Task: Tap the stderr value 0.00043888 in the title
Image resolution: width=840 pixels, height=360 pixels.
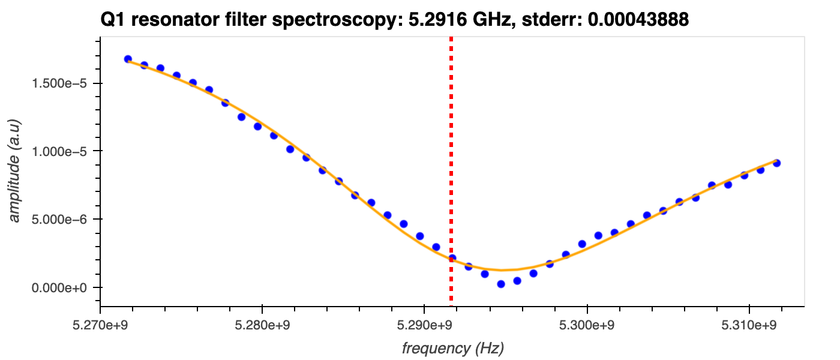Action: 638,20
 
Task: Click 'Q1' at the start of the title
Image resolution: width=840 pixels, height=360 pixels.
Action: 113,20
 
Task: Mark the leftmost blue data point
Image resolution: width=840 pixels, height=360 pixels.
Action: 128,59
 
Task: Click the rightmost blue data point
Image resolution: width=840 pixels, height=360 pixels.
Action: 776,163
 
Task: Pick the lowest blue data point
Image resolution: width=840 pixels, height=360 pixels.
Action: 501,284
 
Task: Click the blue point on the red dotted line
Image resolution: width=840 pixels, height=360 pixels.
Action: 452,258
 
